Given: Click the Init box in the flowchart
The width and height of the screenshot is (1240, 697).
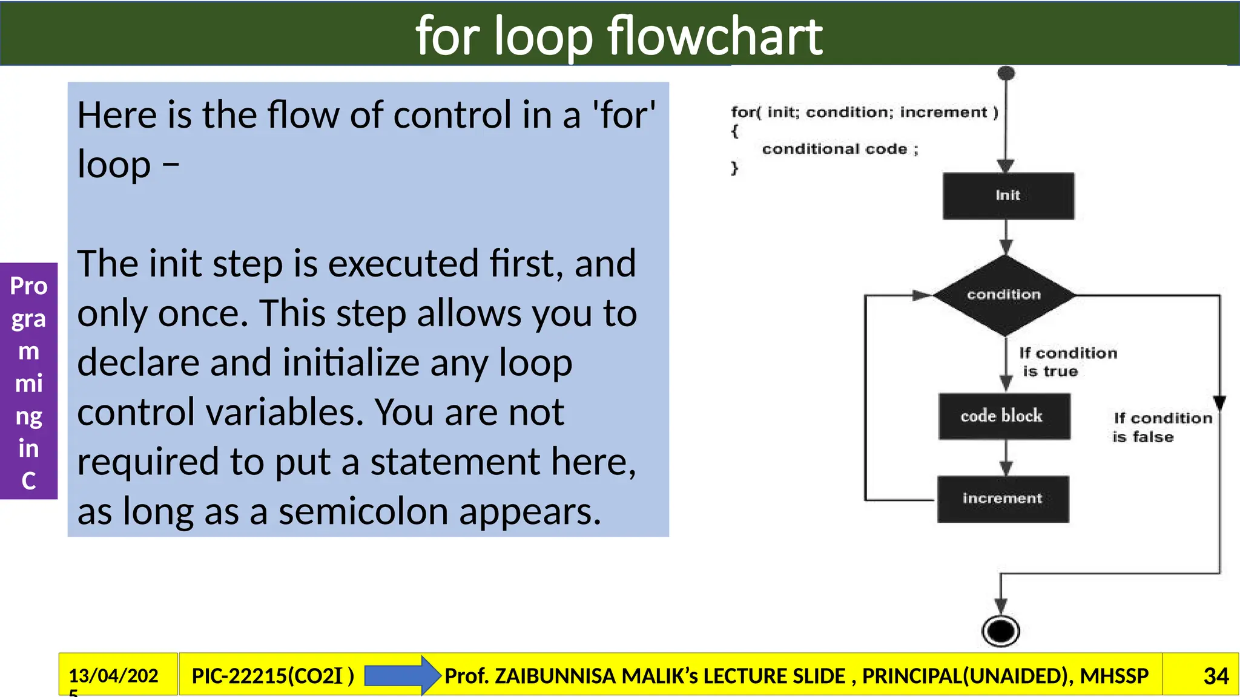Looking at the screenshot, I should point(1008,195).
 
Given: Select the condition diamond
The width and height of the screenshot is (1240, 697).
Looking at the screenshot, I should point(1004,295).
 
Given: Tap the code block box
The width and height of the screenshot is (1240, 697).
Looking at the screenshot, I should point(1004,416).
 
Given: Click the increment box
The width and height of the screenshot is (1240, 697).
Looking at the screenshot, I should point(1003,499).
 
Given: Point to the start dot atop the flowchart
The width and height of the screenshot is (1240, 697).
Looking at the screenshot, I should point(1006,74).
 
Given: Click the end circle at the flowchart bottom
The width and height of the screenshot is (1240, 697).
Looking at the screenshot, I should point(1000,631).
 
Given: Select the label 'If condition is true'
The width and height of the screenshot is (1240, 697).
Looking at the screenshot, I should point(1067,362).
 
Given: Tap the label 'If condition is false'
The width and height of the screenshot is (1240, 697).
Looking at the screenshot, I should point(1161,427).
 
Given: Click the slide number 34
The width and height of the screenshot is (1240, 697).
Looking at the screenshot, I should point(1216,676).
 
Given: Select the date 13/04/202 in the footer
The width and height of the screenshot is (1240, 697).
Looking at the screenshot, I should point(113,675).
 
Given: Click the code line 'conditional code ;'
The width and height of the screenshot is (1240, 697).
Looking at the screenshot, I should point(840,149).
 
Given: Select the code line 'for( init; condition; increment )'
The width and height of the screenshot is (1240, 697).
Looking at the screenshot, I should point(864,112).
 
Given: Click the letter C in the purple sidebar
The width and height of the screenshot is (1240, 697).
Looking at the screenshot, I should point(28,481).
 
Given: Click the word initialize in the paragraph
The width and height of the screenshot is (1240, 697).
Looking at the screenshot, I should point(356,363).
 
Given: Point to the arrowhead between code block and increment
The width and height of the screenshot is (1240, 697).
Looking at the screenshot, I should point(1006,468).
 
